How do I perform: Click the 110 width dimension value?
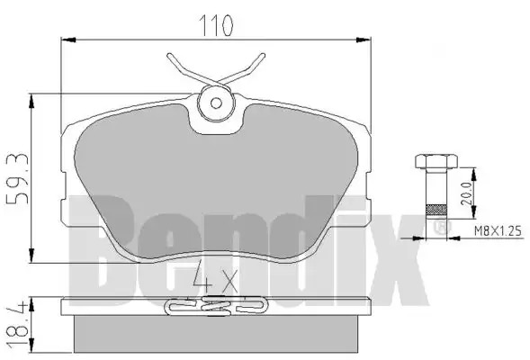[216, 25]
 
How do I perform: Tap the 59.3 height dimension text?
[17, 178]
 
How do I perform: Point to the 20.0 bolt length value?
[466, 193]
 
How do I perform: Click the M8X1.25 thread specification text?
[498, 231]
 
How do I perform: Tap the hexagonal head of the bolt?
[436, 161]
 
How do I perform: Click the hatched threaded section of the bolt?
[436, 211]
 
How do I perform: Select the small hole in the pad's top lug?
[216, 103]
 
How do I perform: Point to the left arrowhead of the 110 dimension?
[68, 40]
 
